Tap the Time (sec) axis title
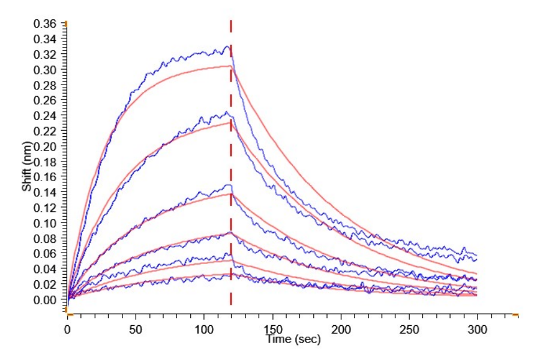pyautogui.click(x=294, y=339)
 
